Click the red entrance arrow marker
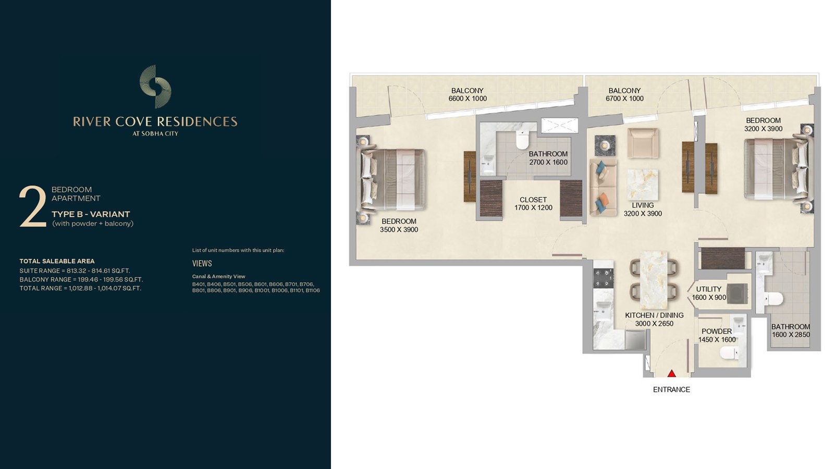click(671, 373)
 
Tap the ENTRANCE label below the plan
click(671, 389)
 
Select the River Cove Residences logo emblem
click(155, 87)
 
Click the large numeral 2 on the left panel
click(33, 206)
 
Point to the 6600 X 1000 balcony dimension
click(468, 98)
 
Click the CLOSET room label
click(533, 200)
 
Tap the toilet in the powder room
click(729, 352)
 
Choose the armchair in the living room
click(643, 144)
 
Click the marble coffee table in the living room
click(642, 184)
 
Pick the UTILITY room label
click(708, 289)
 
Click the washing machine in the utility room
click(737, 294)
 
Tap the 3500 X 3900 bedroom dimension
click(399, 230)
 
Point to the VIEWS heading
click(202, 264)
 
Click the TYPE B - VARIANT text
click(91, 214)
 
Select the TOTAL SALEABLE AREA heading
click(57, 261)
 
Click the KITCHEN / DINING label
click(654, 315)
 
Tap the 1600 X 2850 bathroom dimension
click(790, 335)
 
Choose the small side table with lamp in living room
click(605, 145)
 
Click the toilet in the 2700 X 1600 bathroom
click(522, 140)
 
